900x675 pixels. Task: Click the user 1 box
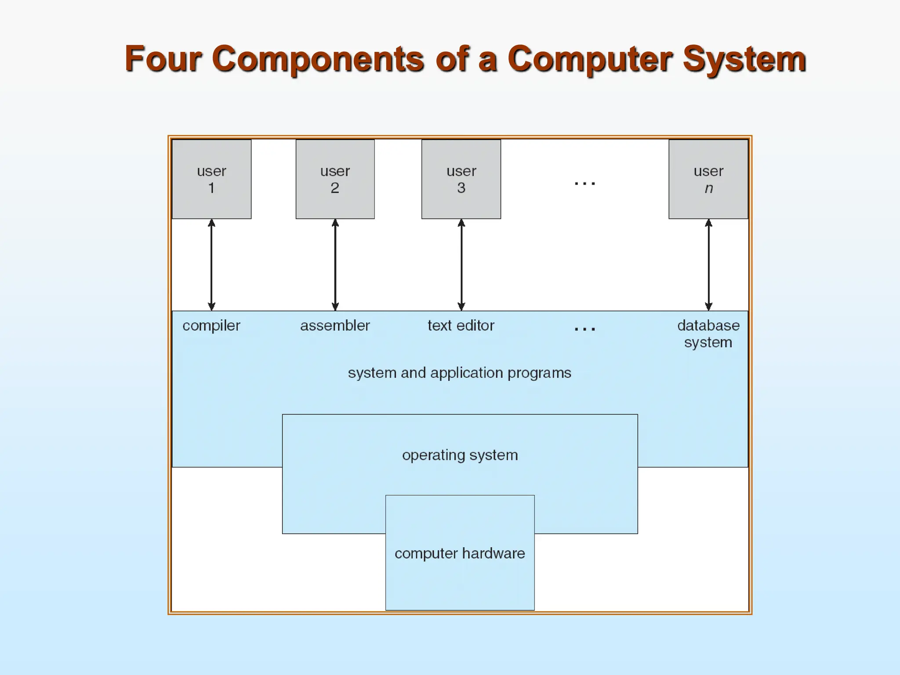coord(211,179)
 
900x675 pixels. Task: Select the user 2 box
coord(335,179)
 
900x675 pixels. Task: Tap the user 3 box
coord(461,179)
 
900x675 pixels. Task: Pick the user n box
coord(708,179)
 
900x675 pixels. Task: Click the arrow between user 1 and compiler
coord(211,265)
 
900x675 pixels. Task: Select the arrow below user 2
coord(335,265)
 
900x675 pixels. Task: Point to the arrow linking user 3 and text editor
coord(461,265)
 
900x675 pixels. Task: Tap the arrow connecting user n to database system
coord(708,265)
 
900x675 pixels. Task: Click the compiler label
coord(211,326)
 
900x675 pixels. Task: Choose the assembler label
coord(335,326)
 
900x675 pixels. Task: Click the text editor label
coord(461,326)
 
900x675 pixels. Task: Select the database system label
coord(708,334)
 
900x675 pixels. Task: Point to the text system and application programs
coord(459,373)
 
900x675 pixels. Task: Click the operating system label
coord(460,455)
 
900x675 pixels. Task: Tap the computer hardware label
coord(460,553)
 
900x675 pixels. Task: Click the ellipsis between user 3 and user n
coord(585,183)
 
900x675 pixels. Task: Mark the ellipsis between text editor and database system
coord(585,329)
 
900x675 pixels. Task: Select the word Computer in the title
coord(590,59)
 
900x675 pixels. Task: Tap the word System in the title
coord(744,59)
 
